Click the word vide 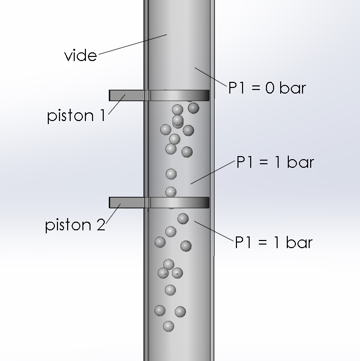[x=80, y=55]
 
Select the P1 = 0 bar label [x=266, y=87]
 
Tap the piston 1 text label [x=76, y=116]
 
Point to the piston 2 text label [x=75, y=225]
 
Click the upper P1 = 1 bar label [x=275, y=163]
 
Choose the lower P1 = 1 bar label [x=273, y=242]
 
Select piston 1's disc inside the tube [x=178, y=95]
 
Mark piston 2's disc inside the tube [x=178, y=202]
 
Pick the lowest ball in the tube [x=168, y=326]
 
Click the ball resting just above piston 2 [x=171, y=192]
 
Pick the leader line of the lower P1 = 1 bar [x=213, y=231]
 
